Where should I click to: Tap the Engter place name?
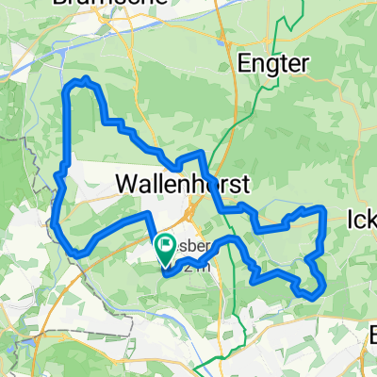click(275, 64)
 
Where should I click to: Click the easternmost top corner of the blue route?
click(323, 206)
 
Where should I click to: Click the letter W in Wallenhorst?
click(126, 181)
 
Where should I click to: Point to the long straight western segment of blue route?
click(69, 132)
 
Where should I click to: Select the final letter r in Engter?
click(304, 64)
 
